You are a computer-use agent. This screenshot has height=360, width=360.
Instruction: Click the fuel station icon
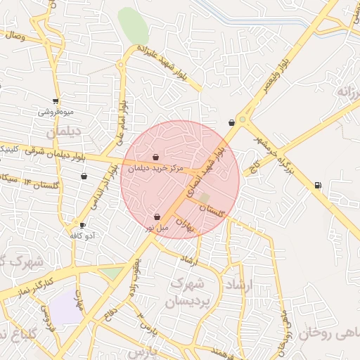pyautogui.click(x=319, y=186)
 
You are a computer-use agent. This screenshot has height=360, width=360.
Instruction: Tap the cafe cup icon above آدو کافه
pyautogui.click(x=83, y=226)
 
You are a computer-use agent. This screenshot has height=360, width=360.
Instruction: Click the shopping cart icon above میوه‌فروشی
pyautogui.click(x=56, y=101)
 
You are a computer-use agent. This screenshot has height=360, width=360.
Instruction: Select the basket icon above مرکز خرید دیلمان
pyautogui.click(x=155, y=157)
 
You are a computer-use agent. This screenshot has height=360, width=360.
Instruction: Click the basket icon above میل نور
pyautogui.click(x=156, y=217)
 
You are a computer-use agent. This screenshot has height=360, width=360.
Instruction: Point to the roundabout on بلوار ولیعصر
pyautogui.click(x=243, y=120)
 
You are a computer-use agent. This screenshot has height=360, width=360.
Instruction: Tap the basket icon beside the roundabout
pyautogui.click(x=231, y=123)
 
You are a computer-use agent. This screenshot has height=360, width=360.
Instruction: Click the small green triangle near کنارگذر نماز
pyautogui.click(x=110, y=272)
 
